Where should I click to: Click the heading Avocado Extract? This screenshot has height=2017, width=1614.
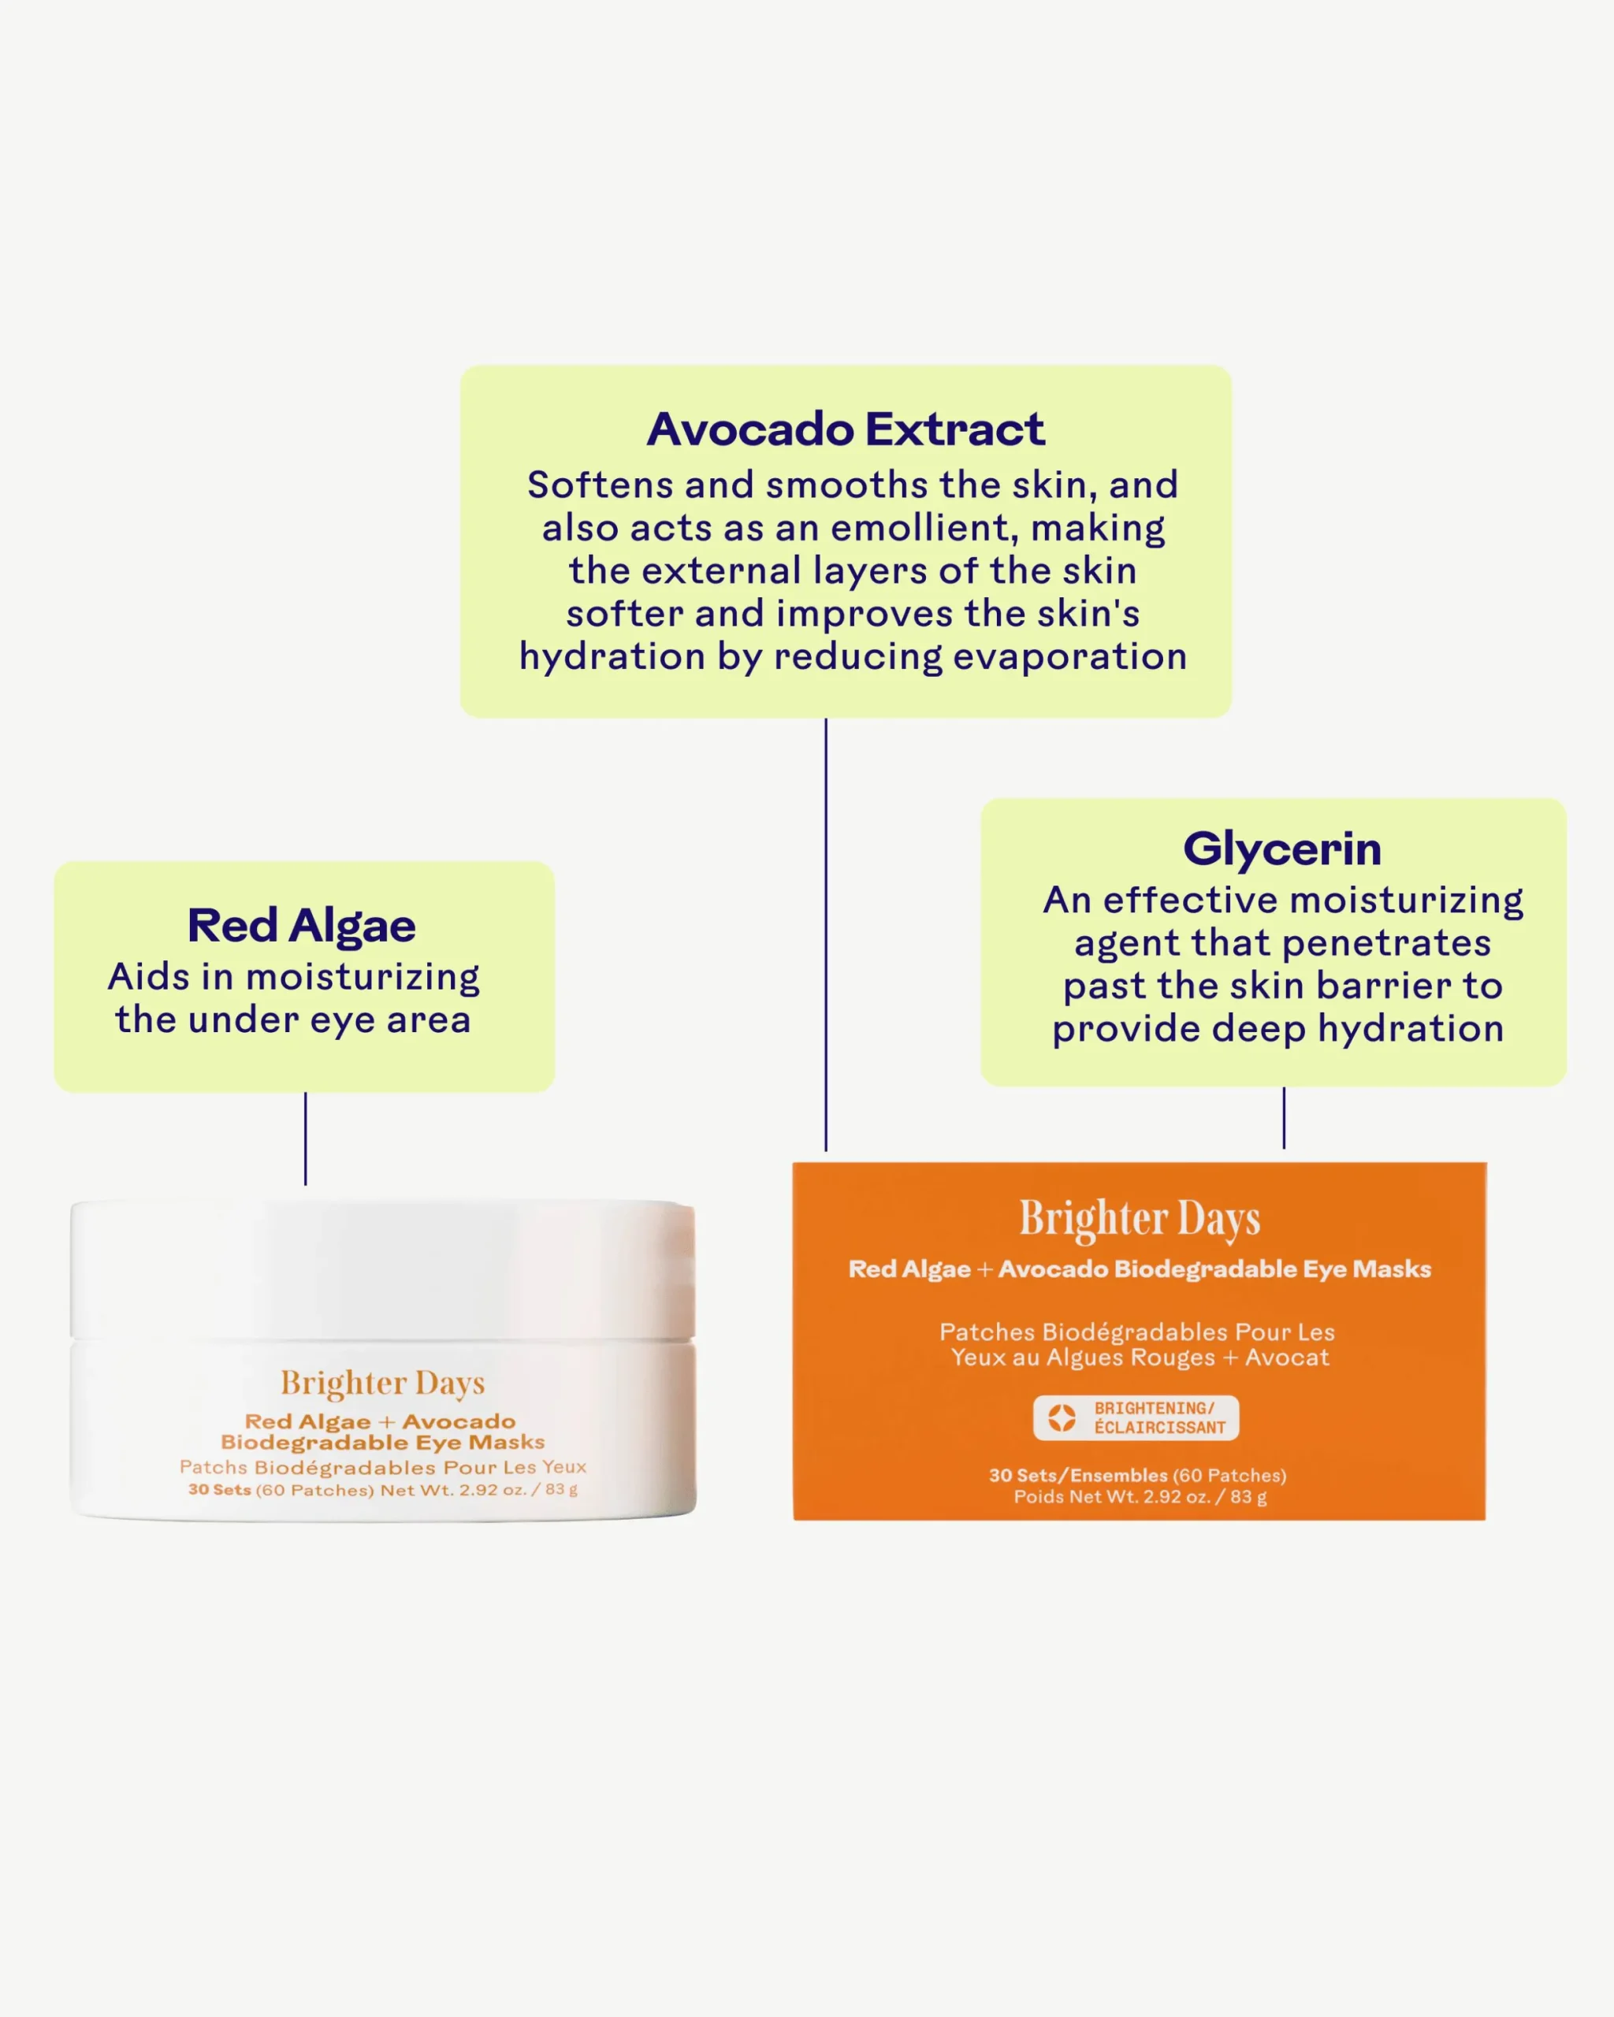point(845,429)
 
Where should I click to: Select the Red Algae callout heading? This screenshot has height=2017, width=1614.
point(301,927)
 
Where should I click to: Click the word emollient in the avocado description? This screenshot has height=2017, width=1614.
point(921,529)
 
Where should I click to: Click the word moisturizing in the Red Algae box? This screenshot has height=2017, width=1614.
point(363,978)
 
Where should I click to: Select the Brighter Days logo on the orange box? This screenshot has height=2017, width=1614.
point(1140,1219)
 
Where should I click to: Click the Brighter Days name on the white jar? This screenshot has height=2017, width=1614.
point(383,1383)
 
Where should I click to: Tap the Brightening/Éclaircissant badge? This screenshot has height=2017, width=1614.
point(1136,1417)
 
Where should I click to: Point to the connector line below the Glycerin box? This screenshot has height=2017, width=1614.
point(1284,1118)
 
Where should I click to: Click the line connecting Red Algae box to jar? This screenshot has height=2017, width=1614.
point(305,1139)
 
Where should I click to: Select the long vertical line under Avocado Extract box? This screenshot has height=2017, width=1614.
point(825,934)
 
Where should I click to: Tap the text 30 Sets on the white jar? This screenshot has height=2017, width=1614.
point(220,1489)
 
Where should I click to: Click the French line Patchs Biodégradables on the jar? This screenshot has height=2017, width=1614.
point(383,1467)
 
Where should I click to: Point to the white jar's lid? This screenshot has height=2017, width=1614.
point(383,1269)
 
